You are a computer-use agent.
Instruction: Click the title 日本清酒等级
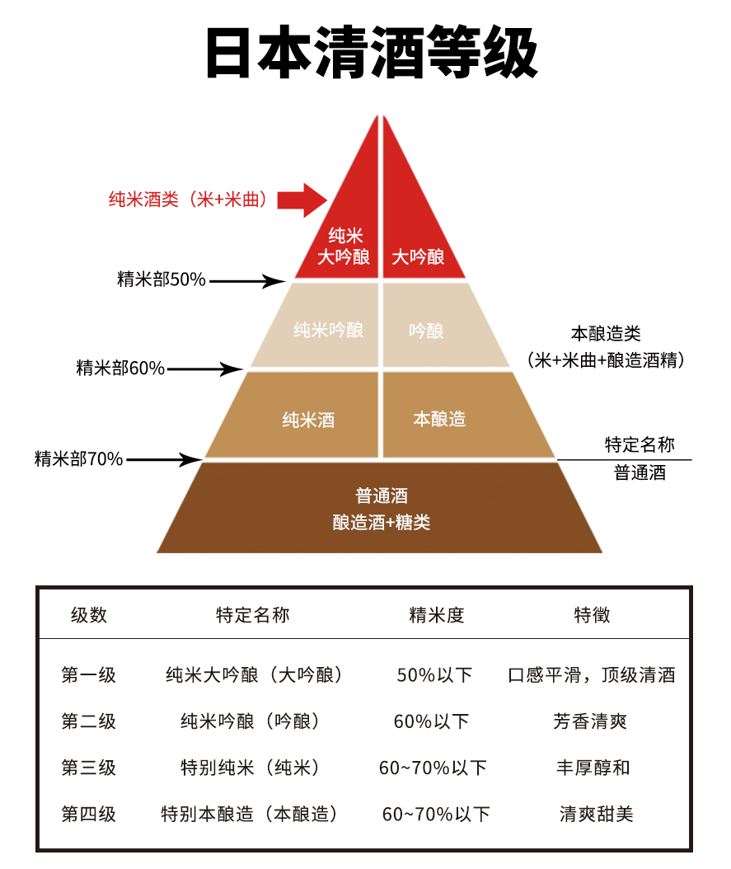pos(371,52)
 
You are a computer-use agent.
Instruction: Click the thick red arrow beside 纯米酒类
pos(302,200)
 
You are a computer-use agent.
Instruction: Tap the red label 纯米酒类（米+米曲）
pos(188,199)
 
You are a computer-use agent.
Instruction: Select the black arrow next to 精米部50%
pos(247,281)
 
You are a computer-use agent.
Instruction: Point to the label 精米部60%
pos(120,368)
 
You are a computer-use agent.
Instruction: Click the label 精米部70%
pos(78,459)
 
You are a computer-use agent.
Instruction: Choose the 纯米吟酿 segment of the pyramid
pos(315,326)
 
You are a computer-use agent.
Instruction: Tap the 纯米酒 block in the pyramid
pos(293,415)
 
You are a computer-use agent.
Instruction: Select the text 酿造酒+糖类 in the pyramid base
pos(381,522)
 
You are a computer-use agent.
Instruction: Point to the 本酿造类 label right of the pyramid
pos(606,334)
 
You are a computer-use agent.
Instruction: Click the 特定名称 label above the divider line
pos(640,444)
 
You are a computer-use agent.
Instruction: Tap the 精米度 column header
pos(437,614)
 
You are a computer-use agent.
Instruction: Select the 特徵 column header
pos(592,614)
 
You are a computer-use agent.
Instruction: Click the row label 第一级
pos(89,674)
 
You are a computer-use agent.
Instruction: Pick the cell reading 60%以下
pos(431,721)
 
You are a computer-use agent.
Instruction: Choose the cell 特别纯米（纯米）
pos(251,768)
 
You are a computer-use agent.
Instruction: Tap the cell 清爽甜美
pos(597,814)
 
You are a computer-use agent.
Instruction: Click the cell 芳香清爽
pos(590,721)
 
